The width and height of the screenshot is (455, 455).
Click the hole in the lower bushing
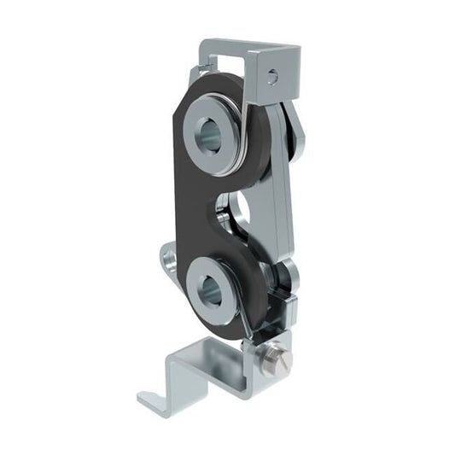pos(211,291)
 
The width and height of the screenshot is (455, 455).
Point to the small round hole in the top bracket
pos(271,77)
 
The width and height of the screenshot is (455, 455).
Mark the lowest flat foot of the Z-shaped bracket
pos(158,397)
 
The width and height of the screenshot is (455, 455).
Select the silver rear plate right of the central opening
pos(277,213)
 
